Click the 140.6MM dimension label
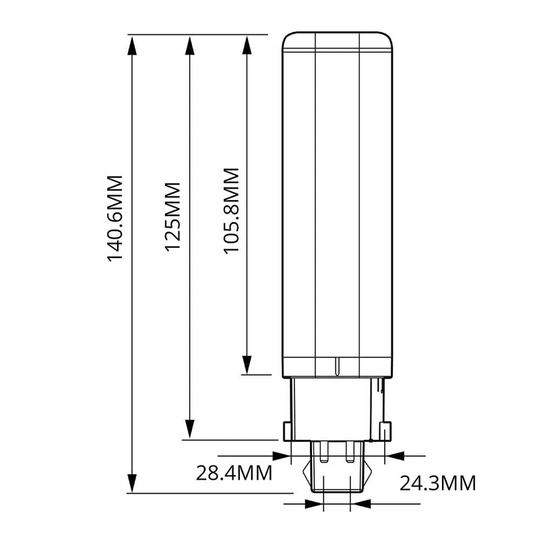pyautogui.click(x=115, y=219)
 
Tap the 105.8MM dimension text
pyautogui.click(x=232, y=212)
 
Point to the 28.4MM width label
pyautogui.click(x=234, y=472)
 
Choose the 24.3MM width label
pyautogui.click(x=438, y=483)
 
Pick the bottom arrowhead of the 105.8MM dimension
pyautogui.click(x=247, y=364)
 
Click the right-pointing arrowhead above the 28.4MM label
pyautogui.click(x=280, y=455)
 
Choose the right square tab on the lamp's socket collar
pyautogui.click(x=385, y=431)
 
